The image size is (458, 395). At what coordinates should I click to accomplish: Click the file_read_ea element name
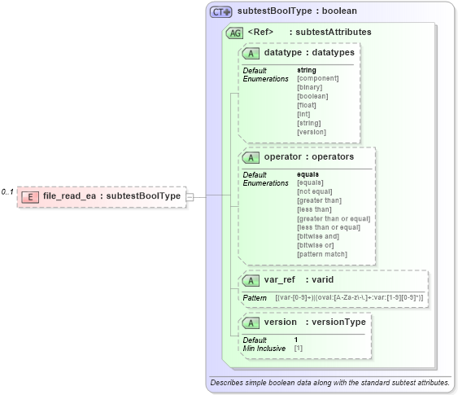[69, 196]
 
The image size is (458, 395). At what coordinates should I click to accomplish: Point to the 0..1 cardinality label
[7, 192]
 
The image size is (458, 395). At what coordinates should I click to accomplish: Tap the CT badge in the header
[220, 12]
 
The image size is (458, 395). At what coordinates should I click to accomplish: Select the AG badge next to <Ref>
[235, 33]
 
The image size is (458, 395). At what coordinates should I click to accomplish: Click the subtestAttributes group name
[334, 33]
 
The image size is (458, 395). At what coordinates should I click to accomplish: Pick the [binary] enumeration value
[310, 87]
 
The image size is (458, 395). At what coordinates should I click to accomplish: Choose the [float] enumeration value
[307, 105]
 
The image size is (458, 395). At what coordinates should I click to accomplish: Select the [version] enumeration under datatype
[312, 132]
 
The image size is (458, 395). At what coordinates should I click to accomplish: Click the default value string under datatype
[307, 70]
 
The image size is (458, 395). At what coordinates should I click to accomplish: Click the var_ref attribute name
[279, 280]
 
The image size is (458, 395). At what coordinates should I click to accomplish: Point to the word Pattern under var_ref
[255, 298]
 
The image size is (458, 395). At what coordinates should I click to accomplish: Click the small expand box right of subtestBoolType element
[190, 196]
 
